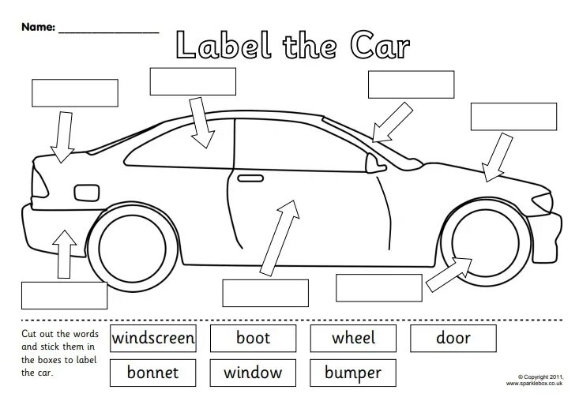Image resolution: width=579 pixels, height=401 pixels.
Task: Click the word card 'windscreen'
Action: click(x=153, y=339)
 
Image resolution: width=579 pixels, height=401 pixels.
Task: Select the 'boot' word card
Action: click(x=253, y=339)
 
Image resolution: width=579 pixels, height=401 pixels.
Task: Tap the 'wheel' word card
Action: click(x=353, y=339)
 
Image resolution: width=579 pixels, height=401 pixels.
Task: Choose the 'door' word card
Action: click(x=453, y=339)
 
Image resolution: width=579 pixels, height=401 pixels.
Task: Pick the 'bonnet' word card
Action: click(x=153, y=372)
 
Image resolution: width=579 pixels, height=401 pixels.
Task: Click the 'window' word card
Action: click(x=253, y=372)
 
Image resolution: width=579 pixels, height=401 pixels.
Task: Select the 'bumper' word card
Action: click(x=353, y=372)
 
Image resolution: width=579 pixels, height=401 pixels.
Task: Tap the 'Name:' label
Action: click(x=38, y=27)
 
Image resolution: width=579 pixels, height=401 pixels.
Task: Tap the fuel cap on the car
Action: click(x=82, y=192)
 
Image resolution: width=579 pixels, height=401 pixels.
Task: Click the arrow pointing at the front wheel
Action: click(x=448, y=272)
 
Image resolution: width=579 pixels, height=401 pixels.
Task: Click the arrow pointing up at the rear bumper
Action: click(x=62, y=253)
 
